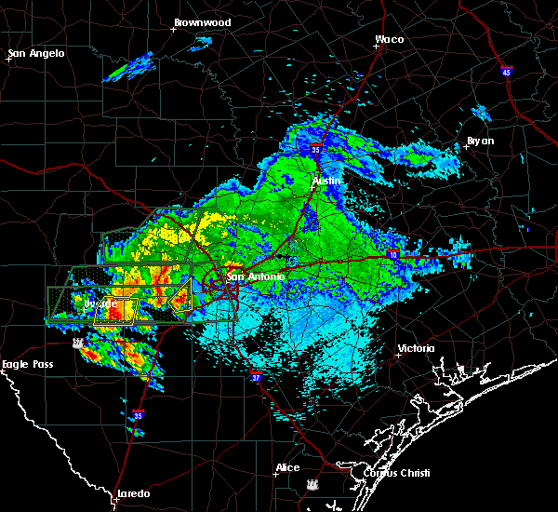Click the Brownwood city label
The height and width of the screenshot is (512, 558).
(x=203, y=21)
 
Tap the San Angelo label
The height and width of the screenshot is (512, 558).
(x=37, y=53)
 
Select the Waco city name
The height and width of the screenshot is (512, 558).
(x=389, y=40)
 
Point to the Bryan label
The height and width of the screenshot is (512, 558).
(x=481, y=141)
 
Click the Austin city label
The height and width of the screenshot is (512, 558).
(x=326, y=181)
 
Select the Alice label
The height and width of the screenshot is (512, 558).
(x=287, y=467)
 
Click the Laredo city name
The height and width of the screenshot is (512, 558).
(x=134, y=493)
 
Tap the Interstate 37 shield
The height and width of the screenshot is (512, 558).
(x=255, y=377)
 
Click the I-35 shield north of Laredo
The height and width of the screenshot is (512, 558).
(x=139, y=415)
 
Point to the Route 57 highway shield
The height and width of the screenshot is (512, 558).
(x=80, y=343)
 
